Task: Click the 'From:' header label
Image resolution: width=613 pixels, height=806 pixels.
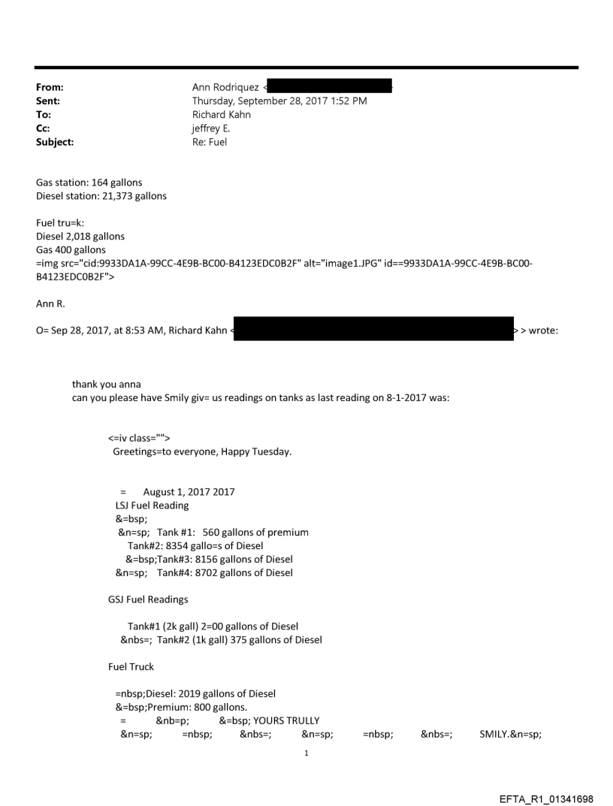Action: [50, 88]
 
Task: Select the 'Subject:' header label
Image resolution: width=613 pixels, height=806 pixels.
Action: [55, 141]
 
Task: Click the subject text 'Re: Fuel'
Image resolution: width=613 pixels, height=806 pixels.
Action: [210, 141]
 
